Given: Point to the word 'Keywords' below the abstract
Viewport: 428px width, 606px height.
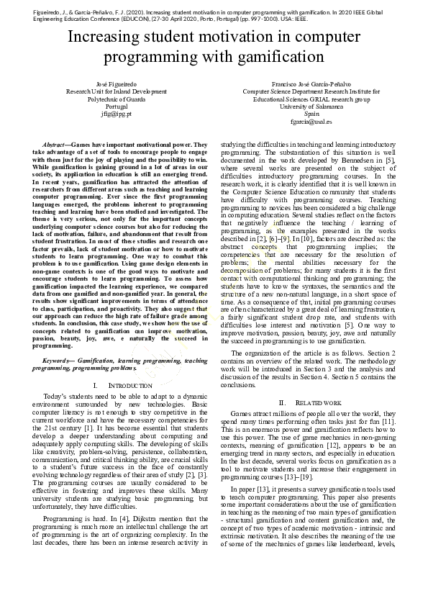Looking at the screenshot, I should point(60,360).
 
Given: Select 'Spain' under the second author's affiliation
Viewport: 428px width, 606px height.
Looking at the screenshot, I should point(311,114).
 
